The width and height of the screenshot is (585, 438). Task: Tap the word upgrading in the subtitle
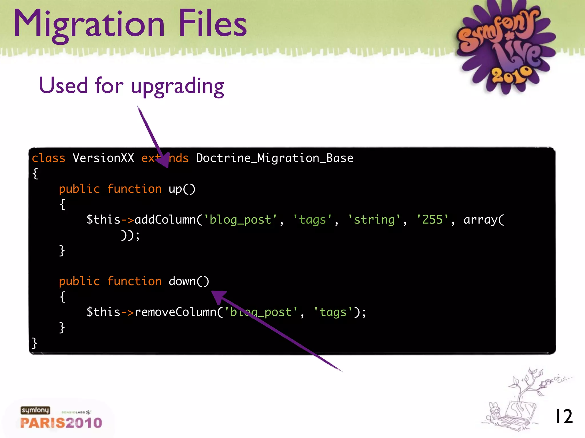click(177, 86)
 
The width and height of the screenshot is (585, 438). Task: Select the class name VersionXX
click(103, 158)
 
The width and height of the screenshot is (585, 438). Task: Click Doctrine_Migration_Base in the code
click(275, 158)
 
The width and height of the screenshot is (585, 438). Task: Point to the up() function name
click(182, 189)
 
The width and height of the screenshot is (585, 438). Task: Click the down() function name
click(189, 281)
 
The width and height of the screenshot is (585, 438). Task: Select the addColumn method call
click(165, 220)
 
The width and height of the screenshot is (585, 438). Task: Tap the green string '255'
click(432, 220)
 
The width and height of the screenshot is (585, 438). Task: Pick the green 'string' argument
click(374, 220)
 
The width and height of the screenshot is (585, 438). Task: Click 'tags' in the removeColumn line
click(333, 312)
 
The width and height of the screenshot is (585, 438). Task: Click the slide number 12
click(563, 417)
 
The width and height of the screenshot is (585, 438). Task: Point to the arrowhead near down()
click(218, 297)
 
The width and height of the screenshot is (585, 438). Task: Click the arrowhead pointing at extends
click(164, 161)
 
